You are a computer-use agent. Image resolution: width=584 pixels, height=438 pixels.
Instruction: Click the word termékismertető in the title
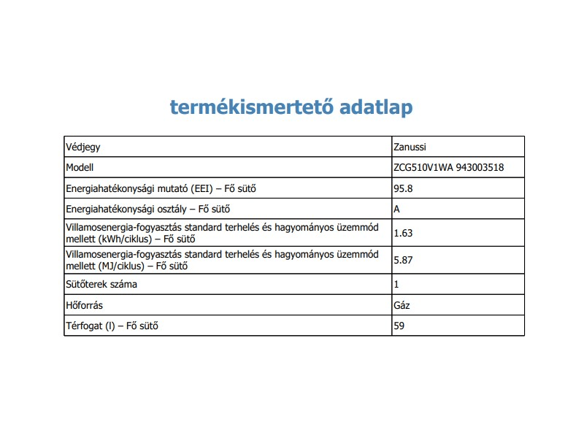pyautogui.click(x=251, y=107)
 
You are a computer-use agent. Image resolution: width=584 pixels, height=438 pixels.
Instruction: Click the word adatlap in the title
pyautogui.click(x=375, y=107)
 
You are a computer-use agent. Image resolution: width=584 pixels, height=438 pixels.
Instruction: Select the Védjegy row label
pyautogui.click(x=83, y=147)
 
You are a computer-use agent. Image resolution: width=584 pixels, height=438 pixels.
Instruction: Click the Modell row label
pyautogui.click(x=80, y=167)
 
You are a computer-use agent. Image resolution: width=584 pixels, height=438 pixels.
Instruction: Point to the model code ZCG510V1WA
pyautogui.click(x=423, y=167)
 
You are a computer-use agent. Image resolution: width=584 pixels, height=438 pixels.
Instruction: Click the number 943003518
pyautogui.click(x=480, y=167)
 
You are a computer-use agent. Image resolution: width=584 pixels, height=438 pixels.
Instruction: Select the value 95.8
pyautogui.click(x=403, y=188)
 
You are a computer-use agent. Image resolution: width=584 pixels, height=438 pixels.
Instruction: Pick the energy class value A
pyautogui.click(x=397, y=209)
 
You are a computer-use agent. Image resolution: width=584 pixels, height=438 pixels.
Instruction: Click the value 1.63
pyautogui.click(x=403, y=233)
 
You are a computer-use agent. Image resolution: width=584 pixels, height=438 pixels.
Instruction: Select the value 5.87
pyautogui.click(x=403, y=259)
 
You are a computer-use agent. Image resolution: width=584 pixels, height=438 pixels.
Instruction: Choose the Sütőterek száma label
pyautogui.click(x=101, y=284)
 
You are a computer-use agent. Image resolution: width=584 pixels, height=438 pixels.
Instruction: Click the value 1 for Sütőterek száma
pyautogui.click(x=396, y=284)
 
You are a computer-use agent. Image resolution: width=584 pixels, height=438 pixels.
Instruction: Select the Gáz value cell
pyautogui.click(x=401, y=304)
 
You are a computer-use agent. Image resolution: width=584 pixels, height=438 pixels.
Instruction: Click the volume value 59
pyautogui.click(x=399, y=325)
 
